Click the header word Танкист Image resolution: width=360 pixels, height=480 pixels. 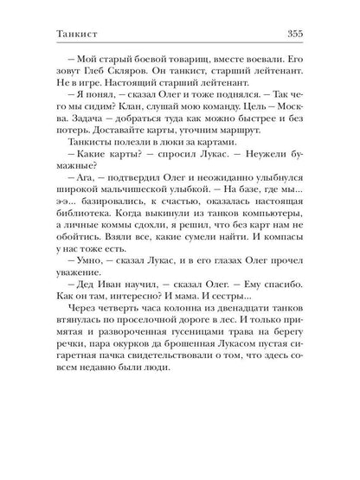pyautogui.click(x=50, y=34)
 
